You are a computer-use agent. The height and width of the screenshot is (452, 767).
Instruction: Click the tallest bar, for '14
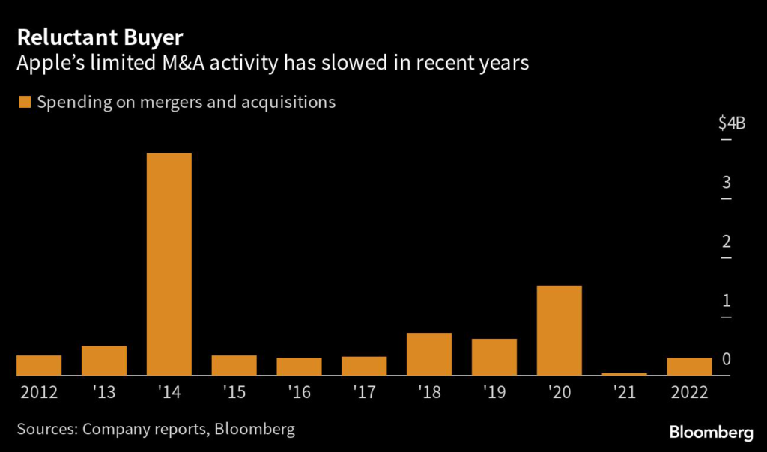[169, 263]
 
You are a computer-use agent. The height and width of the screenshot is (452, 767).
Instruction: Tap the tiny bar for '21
[625, 373]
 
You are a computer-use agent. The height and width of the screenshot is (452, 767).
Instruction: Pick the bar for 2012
[39, 365]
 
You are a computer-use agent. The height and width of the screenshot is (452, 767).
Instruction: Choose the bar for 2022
[689, 366]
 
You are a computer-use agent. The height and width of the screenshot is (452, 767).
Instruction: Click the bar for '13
[104, 360]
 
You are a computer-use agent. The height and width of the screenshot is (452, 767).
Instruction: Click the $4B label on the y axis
[731, 123]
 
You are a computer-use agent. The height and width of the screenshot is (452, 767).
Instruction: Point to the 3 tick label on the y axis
[726, 183]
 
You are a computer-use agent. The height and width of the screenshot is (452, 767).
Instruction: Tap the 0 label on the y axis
[726, 360]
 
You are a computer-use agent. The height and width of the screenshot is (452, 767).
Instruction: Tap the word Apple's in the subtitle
[54, 64]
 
